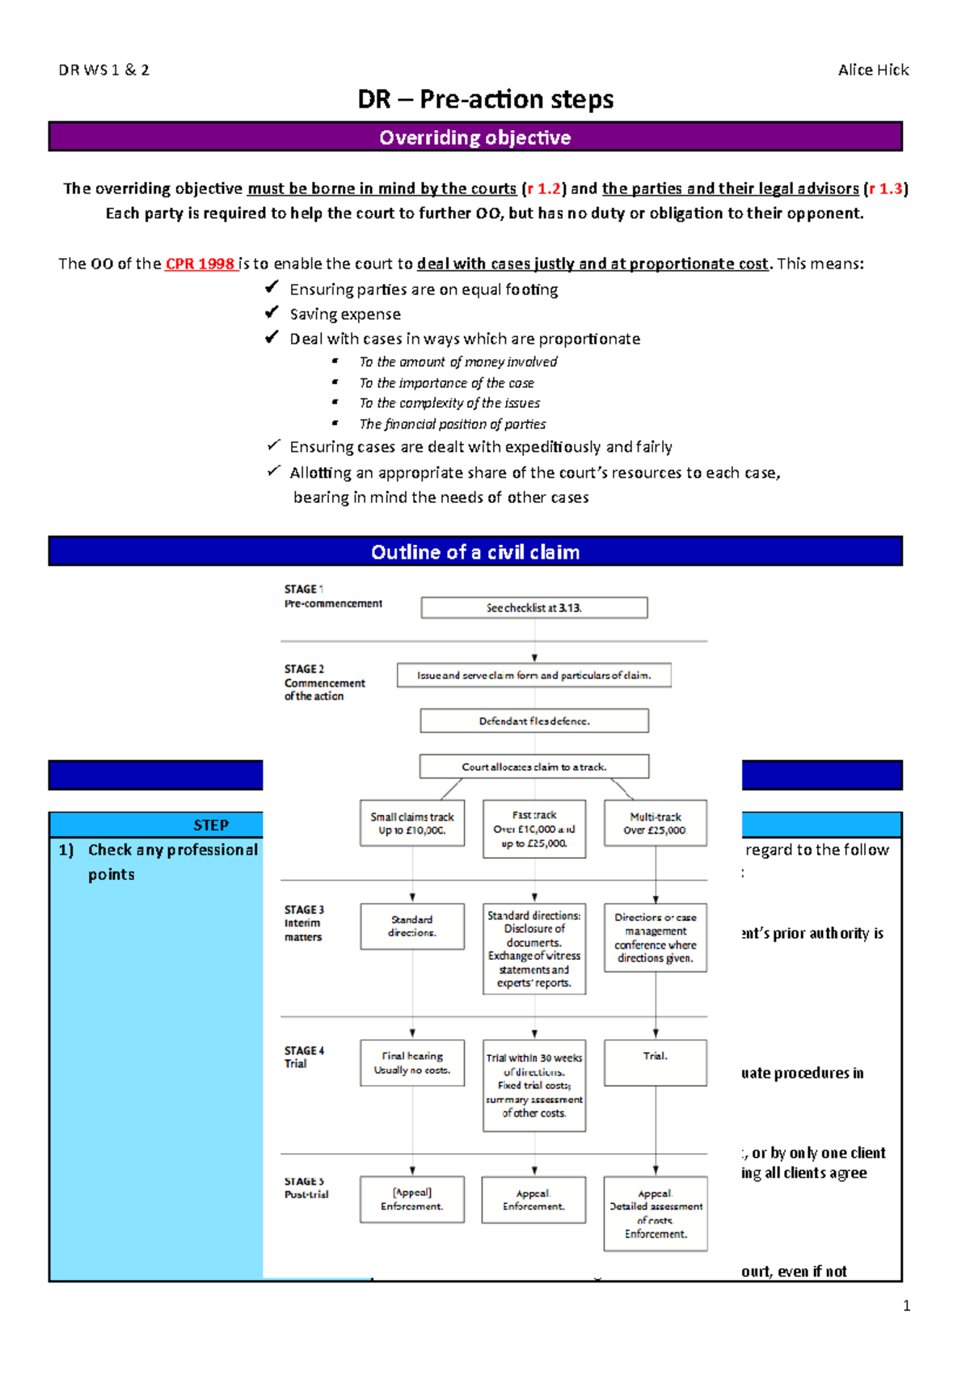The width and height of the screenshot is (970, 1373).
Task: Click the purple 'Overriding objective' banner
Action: click(x=475, y=137)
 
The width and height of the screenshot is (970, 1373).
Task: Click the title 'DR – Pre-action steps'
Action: click(x=485, y=99)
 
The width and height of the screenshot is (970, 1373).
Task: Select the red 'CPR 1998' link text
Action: click(x=200, y=264)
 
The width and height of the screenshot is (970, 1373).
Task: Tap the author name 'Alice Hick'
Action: click(x=873, y=70)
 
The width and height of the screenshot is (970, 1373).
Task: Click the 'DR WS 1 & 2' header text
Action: click(x=103, y=70)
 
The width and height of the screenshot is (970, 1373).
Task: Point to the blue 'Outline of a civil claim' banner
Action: click(x=475, y=552)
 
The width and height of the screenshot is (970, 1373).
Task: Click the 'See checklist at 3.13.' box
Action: click(x=533, y=608)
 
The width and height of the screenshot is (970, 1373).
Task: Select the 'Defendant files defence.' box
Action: click(x=533, y=721)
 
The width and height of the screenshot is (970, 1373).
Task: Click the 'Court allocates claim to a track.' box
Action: click(x=533, y=767)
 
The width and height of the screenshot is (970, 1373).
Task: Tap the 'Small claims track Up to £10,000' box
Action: click(x=412, y=823)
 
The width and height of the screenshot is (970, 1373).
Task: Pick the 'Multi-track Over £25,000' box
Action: click(x=655, y=823)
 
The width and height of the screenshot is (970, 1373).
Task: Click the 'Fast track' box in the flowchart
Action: click(x=533, y=829)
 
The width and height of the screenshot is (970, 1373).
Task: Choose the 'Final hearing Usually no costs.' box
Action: click(x=412, y=1062)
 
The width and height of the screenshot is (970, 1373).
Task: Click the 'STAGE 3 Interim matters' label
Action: click(x=304, y=923)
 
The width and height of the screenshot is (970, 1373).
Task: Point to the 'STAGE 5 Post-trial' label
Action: click(x=306, y=1188)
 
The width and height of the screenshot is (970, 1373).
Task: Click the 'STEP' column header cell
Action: click(x=211, y=825)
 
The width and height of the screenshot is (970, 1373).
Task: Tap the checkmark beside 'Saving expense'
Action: click(x=272, y=313)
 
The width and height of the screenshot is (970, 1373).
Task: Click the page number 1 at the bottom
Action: click(x=906, y=1305)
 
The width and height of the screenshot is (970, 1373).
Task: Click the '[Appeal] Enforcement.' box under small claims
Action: click(x=412, y=1199)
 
